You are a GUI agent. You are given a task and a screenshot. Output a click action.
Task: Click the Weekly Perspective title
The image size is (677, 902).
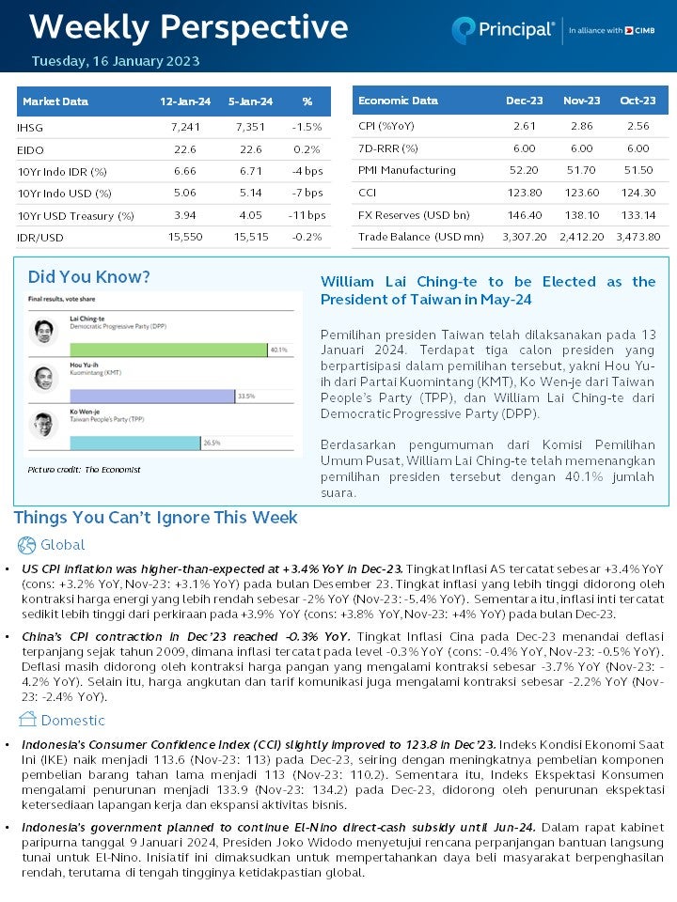coord(188,27)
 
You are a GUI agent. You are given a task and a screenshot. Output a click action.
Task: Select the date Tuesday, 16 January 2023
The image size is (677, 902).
coord(116,62)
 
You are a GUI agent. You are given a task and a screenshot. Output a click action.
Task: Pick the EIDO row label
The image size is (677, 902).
coord(30,149)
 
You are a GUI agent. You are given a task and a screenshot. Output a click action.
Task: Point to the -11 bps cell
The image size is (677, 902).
coord(307,215)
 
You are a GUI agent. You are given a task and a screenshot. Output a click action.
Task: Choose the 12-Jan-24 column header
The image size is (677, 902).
coord(185,101)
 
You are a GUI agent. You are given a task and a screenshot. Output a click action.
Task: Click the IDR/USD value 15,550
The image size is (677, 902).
coord(185,238)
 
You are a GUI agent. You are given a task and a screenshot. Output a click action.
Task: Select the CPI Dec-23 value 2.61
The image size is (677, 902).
coord(524,126)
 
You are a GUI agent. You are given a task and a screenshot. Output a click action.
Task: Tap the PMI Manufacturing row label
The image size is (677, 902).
coord(406,170)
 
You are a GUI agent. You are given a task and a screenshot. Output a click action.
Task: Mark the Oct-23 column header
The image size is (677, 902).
coord(638,101)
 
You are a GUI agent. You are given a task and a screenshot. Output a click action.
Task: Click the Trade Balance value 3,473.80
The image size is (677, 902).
coord(638,238)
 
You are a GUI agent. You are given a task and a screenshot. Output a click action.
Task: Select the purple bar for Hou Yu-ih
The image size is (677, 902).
coord(151,397)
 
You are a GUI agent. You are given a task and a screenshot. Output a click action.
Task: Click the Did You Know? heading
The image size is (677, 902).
coord(88,277)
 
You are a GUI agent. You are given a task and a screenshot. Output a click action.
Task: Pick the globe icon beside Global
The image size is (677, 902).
coord(26,545)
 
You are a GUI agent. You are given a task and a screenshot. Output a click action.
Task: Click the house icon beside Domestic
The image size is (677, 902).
coord(26,720)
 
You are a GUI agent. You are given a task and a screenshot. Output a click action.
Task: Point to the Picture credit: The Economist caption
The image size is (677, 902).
coord(84,469)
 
